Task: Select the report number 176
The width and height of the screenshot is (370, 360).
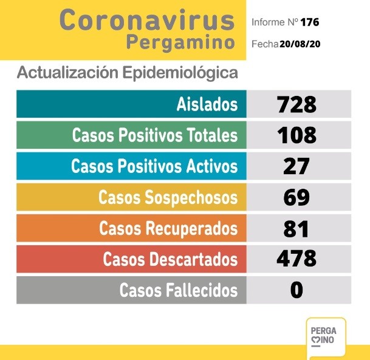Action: click(x=309, y=22)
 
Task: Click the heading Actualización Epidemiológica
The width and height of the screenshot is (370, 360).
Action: click(x=127, y=73)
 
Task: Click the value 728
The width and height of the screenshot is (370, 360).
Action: click(x=296, y=104)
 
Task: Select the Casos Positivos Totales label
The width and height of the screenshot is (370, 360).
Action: click(x=155, y=135)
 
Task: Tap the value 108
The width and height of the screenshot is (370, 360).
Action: click(x=296, y=135)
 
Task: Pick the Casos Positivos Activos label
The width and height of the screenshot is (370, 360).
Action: click(x=154, y=166)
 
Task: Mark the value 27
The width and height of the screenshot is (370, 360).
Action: click(x=296, y=166)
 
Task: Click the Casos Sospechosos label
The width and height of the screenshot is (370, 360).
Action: click(x=168, y=197)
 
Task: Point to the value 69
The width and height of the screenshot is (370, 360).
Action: click(x=296, y=197)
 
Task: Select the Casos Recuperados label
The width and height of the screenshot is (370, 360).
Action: click(x=168, y=228)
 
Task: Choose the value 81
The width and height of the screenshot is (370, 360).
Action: click(x=296, y=228)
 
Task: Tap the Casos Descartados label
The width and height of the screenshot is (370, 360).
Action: click(x=170, y=259)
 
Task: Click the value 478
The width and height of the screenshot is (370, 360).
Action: click(x=296, y=259)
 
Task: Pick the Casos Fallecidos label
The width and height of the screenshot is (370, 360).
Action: click(x=179, y=290)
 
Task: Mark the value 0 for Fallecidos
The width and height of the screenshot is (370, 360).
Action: click(x=296, y=290)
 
